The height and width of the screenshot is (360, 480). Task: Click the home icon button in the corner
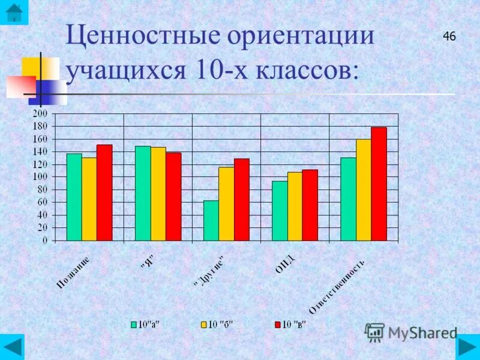coord(13,12)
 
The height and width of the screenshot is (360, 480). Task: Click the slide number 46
coord(449,37)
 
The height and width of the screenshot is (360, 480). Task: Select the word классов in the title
coord(306,71)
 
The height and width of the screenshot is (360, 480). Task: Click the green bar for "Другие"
coord(211,220)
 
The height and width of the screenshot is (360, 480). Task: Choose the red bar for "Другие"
coord(241,199)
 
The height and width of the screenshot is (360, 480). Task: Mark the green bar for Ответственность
coord(348,199)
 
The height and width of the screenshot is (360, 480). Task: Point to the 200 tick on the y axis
coord(40,114)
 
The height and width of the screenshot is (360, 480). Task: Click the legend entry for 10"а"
coord(148,325)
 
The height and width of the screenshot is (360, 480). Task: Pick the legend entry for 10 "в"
coord(290,325)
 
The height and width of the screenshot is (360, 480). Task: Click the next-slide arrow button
coord(467,347)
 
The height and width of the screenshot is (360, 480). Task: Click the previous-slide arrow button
coord(13,347)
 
